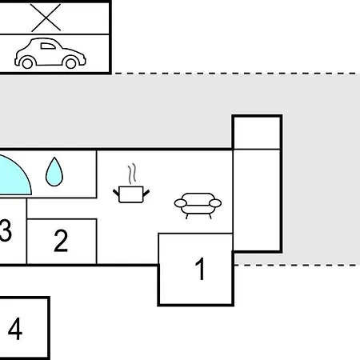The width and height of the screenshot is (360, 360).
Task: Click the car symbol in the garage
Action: point(50,54)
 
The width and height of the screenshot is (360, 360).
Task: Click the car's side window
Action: point(48,46)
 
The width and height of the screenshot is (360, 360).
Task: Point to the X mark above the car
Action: point(46,18)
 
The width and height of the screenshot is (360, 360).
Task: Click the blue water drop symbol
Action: point(54,172)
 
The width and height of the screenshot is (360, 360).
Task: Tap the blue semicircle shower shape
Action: point(14,176)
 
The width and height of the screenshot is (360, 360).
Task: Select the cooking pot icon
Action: point(131,194)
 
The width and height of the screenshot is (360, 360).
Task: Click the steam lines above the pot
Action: point(132,174)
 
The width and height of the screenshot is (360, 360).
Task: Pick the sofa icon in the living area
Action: point(198,206)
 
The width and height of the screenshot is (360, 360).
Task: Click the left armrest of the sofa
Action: point(181,203)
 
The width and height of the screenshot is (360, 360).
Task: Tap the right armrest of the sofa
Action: point(215,203)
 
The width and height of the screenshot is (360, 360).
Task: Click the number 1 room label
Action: point(200,269)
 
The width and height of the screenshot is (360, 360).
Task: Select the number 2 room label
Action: point(61,241)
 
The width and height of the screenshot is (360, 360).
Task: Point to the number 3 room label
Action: point(6,230)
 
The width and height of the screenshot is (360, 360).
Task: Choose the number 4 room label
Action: point(15,328)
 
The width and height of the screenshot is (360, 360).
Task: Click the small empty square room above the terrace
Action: point(257,133)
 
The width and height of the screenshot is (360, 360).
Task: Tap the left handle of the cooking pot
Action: point(116,192)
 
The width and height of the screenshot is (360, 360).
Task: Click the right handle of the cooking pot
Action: point(146,193)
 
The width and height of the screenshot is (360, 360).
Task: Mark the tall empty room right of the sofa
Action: point(257,200)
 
